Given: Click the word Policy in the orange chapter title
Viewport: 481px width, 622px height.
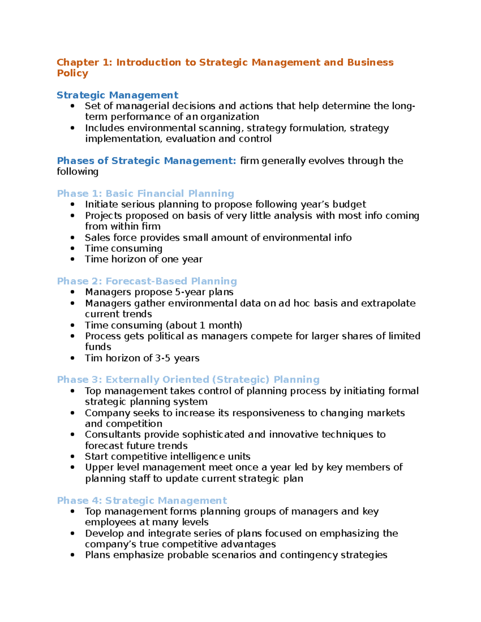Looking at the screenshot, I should tap(72, 73).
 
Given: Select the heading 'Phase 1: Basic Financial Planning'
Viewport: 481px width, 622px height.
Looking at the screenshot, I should tap(146, 193).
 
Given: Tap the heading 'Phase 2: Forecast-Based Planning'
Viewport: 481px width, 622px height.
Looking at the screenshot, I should tap(147, 281).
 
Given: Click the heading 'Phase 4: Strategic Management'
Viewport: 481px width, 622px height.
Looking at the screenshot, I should tap(142, 501).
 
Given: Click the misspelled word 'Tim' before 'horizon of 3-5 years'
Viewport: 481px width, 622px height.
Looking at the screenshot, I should tap(93, 358).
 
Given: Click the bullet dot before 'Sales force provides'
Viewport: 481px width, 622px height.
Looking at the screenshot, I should tap(73, 238).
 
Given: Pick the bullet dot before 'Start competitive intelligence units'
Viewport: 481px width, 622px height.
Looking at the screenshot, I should tap(73, 457).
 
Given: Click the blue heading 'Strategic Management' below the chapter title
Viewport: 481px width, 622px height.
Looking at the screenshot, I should tap(117, 95).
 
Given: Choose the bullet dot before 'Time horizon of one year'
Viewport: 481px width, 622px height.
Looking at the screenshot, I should tap(73, 260).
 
